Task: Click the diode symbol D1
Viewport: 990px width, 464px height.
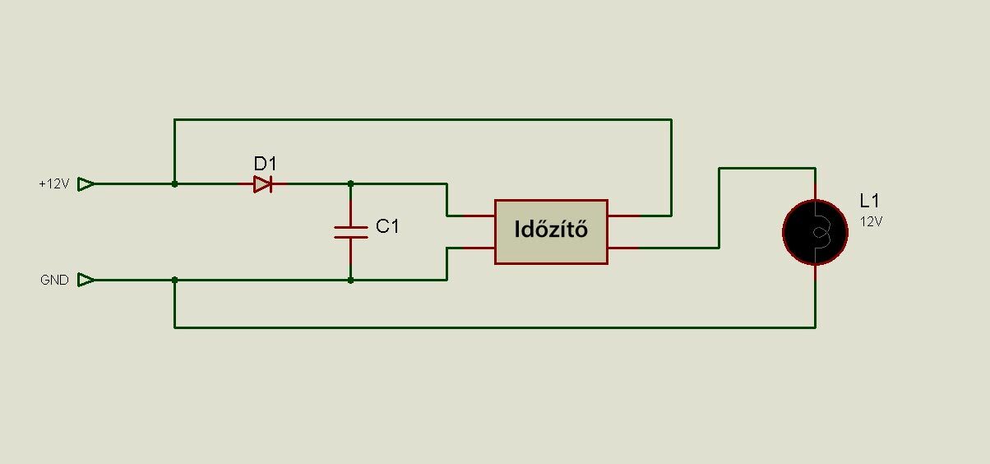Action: [262, 184]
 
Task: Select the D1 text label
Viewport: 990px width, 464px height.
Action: [266, 163]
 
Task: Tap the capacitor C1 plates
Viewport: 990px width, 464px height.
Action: [351, 232]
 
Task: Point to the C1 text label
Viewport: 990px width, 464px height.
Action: [387, 226]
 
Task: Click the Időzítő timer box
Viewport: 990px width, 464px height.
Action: [551, 231]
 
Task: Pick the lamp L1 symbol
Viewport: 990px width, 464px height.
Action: [815, 232]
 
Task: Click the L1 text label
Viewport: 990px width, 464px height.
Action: [869, 201]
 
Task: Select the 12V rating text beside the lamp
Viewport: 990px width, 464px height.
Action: [871, 221]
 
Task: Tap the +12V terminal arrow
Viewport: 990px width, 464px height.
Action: [86, 184]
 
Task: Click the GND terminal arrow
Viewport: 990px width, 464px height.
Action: [86, 281]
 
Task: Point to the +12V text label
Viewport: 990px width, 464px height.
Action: [54, 184]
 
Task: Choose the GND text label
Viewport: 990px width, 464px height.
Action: [54, 281]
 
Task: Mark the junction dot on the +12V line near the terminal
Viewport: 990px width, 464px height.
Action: [174, 184]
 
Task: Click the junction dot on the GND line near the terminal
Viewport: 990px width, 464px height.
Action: [174, 281]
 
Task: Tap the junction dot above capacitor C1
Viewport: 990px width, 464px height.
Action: [351, 183]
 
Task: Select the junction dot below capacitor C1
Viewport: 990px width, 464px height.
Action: [351, 281]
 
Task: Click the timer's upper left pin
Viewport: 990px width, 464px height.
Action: [479, 216]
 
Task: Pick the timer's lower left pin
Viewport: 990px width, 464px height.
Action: [479, 248]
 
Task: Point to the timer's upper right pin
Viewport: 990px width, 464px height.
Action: [623, 216]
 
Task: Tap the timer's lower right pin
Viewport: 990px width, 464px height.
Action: [623, 248]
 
